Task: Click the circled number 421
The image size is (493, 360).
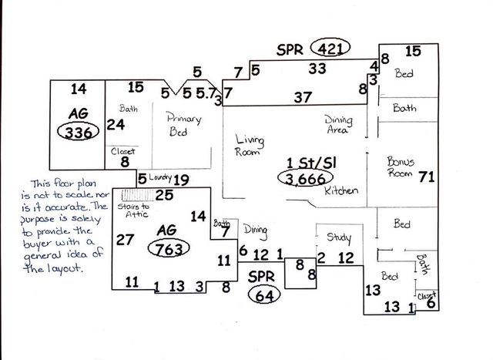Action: [330, 48]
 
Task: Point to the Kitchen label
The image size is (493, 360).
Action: [339, 190]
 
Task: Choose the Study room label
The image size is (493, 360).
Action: [339, 237]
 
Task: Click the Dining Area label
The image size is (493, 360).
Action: [338, 125]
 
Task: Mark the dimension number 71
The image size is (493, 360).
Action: [427, 177]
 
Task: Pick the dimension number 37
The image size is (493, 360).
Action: [303, 98]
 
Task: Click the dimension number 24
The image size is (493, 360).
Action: [116, 124]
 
